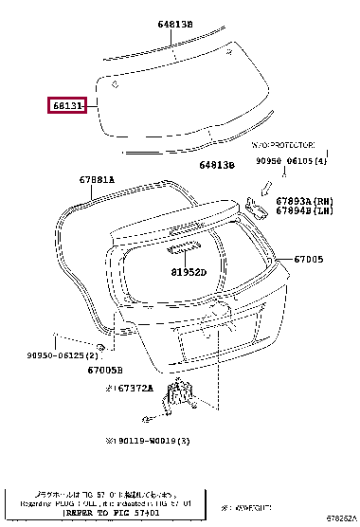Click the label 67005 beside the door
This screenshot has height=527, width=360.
308,259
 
